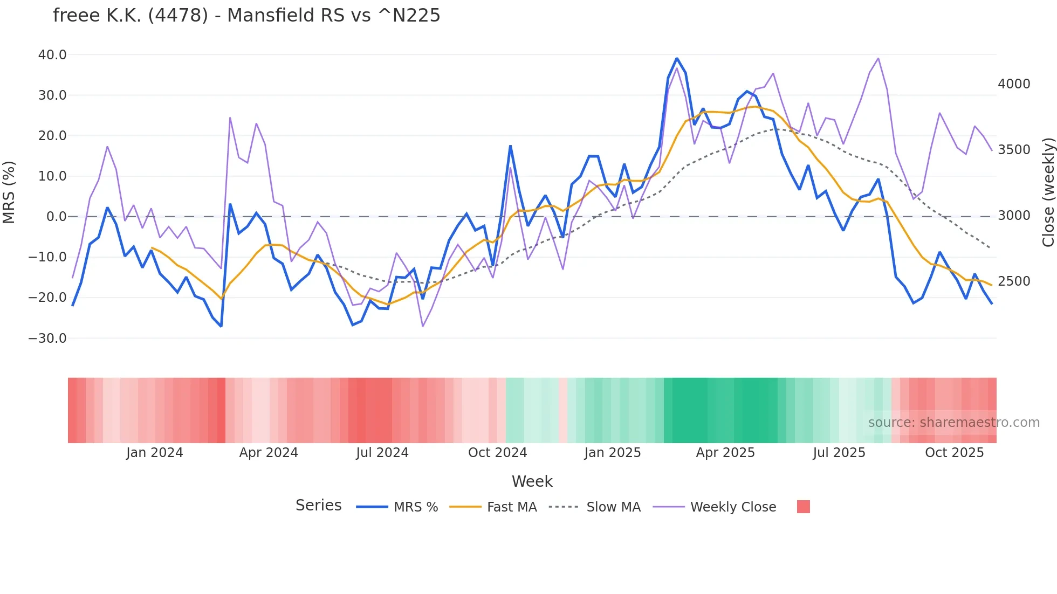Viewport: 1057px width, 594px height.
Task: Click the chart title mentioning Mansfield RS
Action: pos(246,16)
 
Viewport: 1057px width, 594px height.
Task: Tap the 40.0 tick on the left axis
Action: pos(52,55)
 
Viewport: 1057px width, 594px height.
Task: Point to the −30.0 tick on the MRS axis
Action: pos(47,339)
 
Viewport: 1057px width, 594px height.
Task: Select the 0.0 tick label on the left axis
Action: pos(56,217)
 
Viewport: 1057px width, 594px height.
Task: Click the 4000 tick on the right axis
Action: pos(1014,84)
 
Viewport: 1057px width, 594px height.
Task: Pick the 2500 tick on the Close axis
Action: pos(1014,281)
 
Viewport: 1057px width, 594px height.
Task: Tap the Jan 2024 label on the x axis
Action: pos(154,453)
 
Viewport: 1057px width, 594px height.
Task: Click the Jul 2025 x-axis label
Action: pos(839,453)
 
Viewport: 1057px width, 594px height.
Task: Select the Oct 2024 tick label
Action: pos(497,453)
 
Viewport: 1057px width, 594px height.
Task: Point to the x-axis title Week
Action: pos(532,481)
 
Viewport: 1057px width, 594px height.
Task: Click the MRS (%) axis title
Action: pos(9,192)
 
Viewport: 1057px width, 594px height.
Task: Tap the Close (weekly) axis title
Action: pos(1048,192)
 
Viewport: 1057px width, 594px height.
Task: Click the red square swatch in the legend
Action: pos(803,507)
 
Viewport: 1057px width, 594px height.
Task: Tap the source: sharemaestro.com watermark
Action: pos(953,423)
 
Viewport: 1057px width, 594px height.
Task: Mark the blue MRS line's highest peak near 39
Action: pos(677,58)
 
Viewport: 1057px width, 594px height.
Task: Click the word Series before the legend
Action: pos(318,506)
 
